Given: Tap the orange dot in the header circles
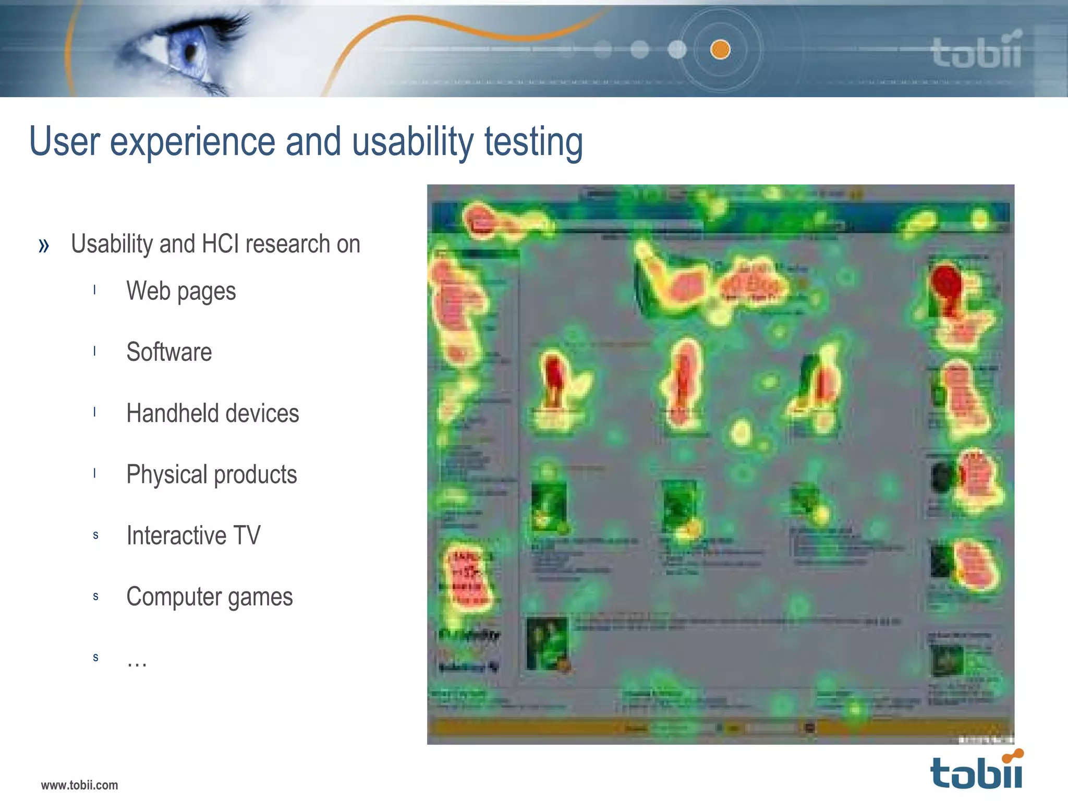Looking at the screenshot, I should coord(720,50).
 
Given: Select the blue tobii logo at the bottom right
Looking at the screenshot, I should coord(976,771).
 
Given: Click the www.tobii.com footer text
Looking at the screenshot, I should coord(79,785).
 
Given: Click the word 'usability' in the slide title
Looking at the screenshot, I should coord(412,142).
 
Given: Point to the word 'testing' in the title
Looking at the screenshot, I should coord(533,142).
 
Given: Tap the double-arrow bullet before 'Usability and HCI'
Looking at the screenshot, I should coord(44,245).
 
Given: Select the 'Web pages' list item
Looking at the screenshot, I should coord(181,291).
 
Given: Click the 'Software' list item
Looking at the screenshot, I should coord(169,352).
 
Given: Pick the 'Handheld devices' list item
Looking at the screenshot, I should coord(212,413).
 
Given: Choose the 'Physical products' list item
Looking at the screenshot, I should coord(211,475).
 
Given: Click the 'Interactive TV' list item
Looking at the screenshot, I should coord(193,536).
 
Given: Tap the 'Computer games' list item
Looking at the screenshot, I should coord(209,597).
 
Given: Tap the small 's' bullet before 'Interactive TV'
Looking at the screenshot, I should coord(95,535).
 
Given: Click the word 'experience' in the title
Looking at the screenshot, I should coord(192,142).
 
